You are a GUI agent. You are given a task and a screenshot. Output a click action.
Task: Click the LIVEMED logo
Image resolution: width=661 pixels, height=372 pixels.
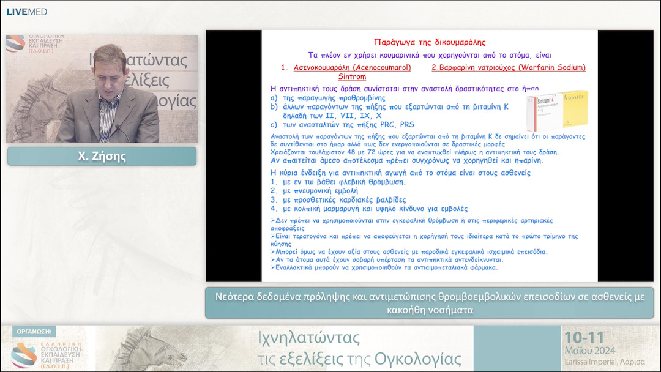click(x=26, y=12)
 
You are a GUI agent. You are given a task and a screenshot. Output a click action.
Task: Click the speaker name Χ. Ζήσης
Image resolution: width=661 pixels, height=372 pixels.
click(x=102, y=157)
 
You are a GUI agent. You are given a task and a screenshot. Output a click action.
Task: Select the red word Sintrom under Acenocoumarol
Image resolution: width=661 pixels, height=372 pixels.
click(x=352, y=76)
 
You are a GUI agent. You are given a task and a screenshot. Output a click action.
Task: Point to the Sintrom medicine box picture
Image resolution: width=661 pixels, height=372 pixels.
click(x=557, y=110)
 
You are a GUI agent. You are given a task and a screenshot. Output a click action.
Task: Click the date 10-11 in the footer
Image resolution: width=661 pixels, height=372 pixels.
click(x=585, y=338)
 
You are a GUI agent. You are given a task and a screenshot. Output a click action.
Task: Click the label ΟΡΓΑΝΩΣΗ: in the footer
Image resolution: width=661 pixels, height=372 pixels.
click(x=33, y=331)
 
